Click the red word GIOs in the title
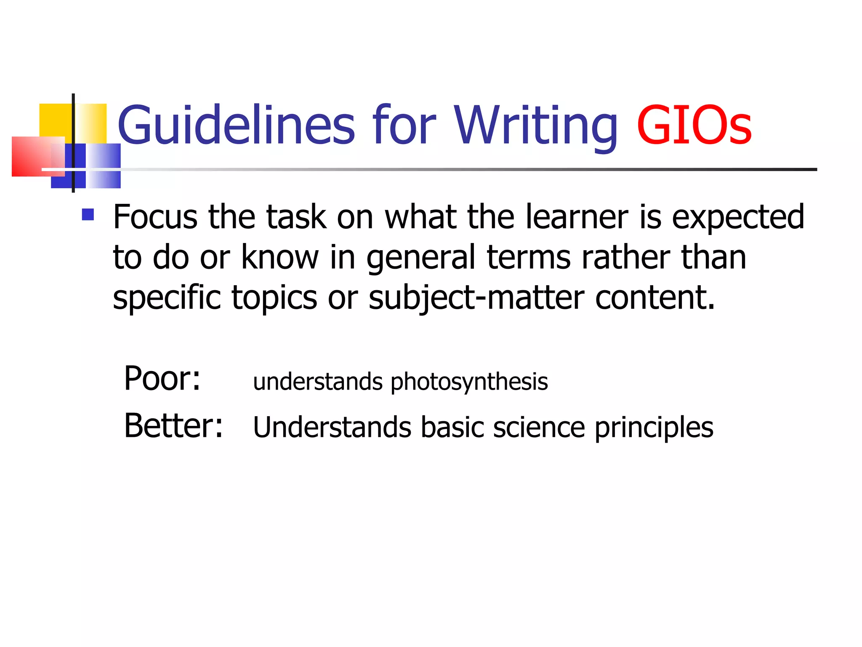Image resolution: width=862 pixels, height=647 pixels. tap(694, 125)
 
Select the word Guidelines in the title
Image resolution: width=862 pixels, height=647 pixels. tap(236, 125)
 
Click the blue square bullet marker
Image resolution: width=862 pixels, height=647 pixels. tap(88, 215)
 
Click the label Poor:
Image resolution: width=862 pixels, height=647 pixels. tap(162, 378)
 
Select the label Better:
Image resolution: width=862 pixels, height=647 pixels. tap(173, 425)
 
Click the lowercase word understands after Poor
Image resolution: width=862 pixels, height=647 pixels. tap(318, 382)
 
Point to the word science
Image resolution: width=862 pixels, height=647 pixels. tap(539, 427)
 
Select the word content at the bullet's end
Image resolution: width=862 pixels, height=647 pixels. tap(654, 297)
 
